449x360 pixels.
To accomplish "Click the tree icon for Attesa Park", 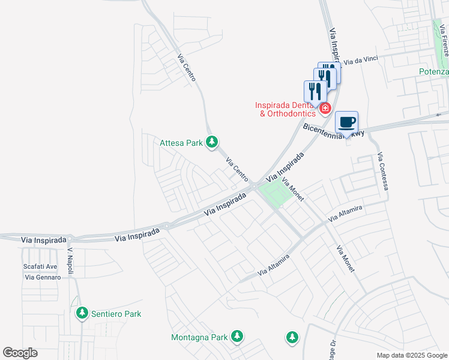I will coord(211,142).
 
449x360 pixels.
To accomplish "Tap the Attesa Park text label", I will coord(181,143).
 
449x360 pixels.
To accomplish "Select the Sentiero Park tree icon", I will coord(82,313).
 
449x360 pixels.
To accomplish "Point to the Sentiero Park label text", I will coord(115,314).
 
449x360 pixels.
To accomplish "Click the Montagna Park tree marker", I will coord(238,337).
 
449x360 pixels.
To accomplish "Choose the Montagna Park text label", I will coord(199,337).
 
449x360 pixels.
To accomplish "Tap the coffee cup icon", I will coord(347,123).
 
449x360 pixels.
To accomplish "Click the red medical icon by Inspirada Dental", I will coord(325,108).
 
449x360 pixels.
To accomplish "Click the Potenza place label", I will coord(433,71).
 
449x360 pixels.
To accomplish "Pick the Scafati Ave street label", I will coord(40,266).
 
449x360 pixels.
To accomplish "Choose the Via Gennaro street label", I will coord(43,277).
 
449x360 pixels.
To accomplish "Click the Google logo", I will coord(20,353).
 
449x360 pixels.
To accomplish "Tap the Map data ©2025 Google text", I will coord(412,355).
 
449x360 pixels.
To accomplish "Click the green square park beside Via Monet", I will coord(274,194).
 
